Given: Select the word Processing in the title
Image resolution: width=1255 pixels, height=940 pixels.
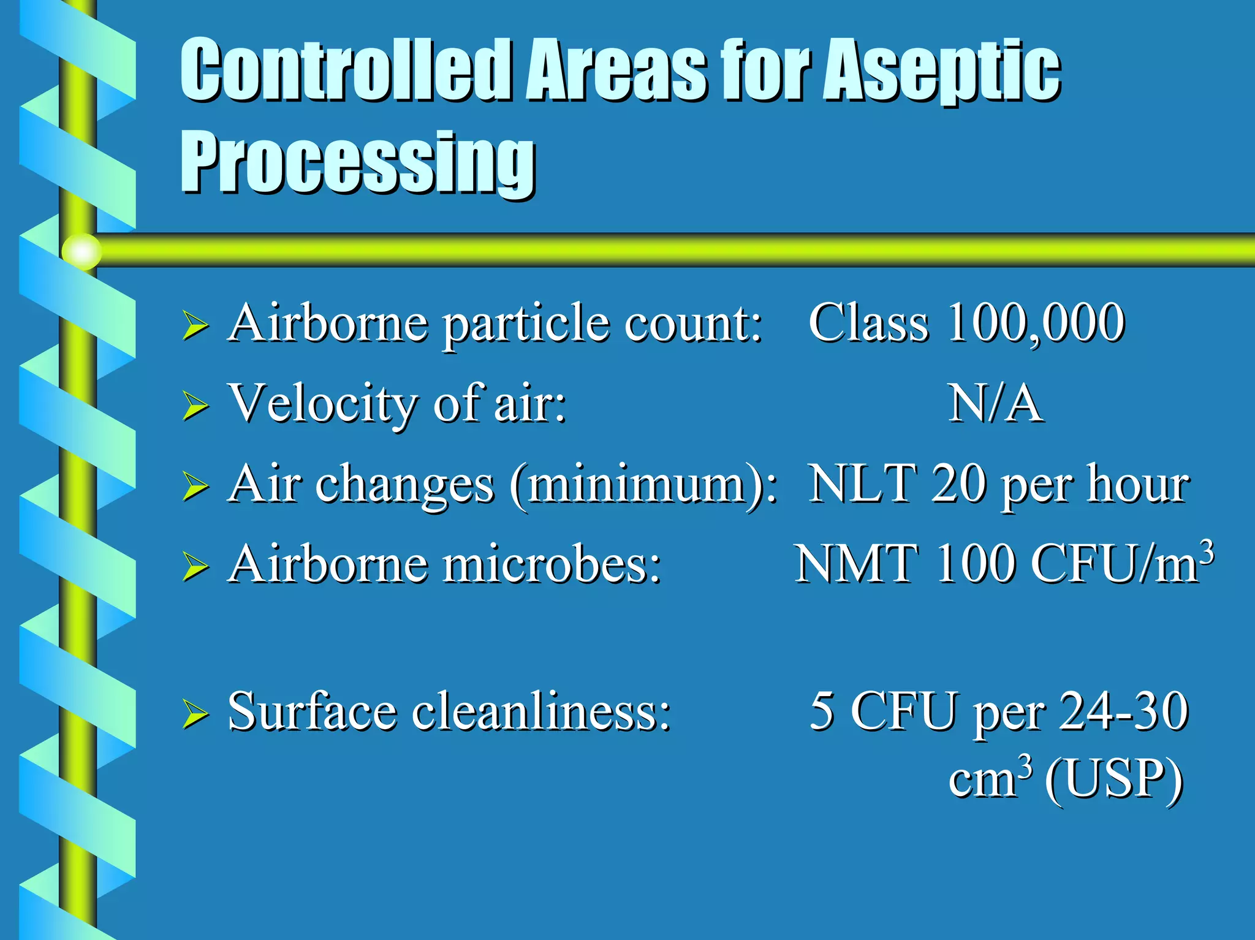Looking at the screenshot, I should point(358,162).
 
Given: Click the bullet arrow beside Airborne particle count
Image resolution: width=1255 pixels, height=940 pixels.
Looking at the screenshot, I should point(195,325).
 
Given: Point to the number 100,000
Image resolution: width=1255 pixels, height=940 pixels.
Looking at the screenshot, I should point(1036,323).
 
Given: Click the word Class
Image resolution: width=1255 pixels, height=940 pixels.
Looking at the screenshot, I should point(868,323).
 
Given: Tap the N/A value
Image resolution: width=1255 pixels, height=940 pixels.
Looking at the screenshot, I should point(995,404).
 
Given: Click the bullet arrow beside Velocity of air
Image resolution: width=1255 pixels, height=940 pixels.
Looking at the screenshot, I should point(195,406).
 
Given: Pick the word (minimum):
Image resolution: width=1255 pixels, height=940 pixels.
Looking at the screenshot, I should point(643,485).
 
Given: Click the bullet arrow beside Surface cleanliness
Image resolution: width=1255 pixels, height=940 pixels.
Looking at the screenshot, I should point(195,714).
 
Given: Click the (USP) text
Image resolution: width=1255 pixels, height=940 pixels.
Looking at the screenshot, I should point(1113,779).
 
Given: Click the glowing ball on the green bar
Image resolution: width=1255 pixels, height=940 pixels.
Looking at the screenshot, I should point(82,251).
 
